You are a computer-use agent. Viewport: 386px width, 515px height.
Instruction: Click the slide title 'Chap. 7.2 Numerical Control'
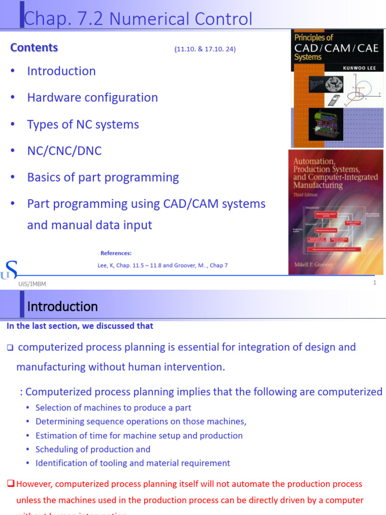(x=138, y=19)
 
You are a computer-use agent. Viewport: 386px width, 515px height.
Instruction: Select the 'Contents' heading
(x=34, y=48)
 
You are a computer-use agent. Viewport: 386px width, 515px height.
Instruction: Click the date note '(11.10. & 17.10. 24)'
(x=205, y=49)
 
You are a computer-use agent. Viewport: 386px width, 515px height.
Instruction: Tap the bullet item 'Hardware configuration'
(x=92, y=98)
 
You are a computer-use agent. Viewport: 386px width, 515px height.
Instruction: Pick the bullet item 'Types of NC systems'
(x=83, y=124)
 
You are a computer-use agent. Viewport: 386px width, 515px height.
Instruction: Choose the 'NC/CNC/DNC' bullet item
(x=64, y=151)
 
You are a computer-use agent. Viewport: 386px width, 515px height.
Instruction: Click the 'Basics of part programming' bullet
(x=103, y=178)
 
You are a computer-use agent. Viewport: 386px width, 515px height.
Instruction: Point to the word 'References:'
(x=116, y=253)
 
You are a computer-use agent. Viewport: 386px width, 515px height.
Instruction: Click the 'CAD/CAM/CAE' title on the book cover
(x=336, y=49)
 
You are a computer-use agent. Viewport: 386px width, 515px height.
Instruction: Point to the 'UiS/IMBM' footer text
(x=32, y=284)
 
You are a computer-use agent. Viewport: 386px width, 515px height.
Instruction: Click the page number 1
(x=374, y=283)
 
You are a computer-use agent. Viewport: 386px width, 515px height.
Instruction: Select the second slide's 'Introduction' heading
(x=62, y=306)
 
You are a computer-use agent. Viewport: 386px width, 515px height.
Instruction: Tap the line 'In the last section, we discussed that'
(x=80, y=326)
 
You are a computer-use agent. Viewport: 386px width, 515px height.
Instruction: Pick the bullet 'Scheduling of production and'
(x=93, y=449)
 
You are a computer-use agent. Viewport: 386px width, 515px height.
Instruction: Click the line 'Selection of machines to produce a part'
(x=114, y=408)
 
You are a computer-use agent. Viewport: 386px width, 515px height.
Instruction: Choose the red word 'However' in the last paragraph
(x=34, y=484)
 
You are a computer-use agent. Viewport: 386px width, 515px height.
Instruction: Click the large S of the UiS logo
(x=11, y=270)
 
